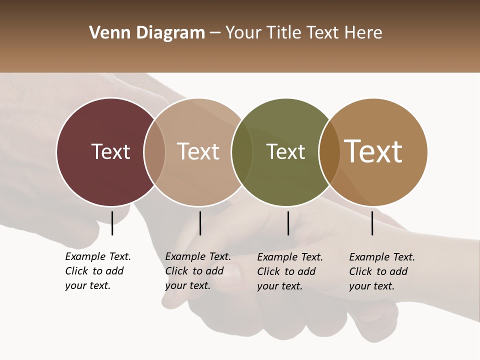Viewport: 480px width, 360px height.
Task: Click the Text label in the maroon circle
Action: point(110,151)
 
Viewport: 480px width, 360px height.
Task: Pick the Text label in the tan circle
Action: point(198,151)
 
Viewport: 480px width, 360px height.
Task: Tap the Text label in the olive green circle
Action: point(285,151)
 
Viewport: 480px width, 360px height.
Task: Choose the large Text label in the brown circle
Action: point(373,151)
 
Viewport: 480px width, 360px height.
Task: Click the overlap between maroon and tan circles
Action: point(154,152)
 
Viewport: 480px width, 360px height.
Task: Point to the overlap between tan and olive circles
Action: point(242,152)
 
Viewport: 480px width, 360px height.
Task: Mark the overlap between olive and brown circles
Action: point(329,152)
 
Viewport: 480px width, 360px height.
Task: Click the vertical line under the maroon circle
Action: point(112,223)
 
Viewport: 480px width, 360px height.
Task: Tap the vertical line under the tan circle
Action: point(200,223)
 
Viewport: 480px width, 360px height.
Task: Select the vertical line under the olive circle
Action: point(288,223)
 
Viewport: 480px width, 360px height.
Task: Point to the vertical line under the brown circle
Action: point(372,223)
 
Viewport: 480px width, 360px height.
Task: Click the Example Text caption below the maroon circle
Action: point(97,271)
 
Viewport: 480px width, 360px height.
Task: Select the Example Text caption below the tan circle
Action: point(197,271)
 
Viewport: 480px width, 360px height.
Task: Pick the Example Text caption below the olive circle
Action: point(289,271)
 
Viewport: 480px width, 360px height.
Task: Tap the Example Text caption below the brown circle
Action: point(381,271)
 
